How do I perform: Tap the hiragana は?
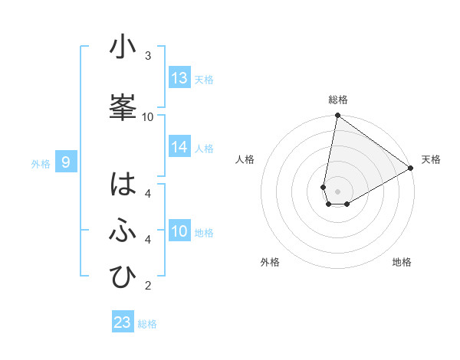tap(123, 185)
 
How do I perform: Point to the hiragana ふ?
tap(123, 231)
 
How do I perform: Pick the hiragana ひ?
tap(123, 277)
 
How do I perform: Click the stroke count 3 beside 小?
tap(148, 56)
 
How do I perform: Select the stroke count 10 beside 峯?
tap(148, 116)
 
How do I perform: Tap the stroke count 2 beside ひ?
tap(148, 286)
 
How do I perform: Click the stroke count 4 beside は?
tap(148, 194)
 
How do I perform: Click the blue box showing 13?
tap(179, 78)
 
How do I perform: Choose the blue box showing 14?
tap(179, 147)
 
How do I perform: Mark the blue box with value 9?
tap(66, 162)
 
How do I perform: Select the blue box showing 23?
tap(123, 322)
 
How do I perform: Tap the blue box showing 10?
tap(179, 231)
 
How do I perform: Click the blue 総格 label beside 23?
tap(147, 324)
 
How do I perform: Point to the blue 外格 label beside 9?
tap(40, 163)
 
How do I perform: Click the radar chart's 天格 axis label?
tap(431, 159)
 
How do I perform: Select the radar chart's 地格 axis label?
tap(402, 262)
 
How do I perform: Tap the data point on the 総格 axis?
tap(337, 116)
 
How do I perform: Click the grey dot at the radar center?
tap(337, 191)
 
